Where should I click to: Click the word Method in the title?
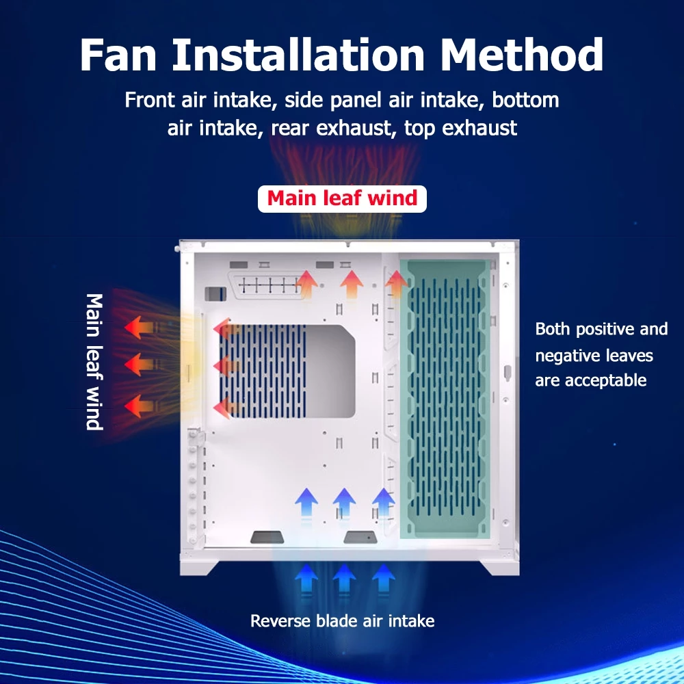pyautogui.click(x=522, y=55)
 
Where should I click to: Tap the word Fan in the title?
pyautogui.click(x=118, y=55)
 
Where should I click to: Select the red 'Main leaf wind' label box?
pyautogui.click(x=342, y=199)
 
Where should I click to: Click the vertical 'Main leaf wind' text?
pyautogui.click(x=94, y=362)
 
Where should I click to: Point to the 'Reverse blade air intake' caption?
pyautogui.click(x=343, y=621)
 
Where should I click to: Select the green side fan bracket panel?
pyautogui.click(x=445, y=399)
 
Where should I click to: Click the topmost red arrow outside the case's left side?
pyautogui.click(x=139, y=327)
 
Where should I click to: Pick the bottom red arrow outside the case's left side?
pyautogui.click(x=139, y=406)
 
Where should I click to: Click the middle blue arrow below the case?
pyautogui.click(x=344, y=579)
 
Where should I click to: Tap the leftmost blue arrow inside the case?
pyautogui.click(x=306, y=503)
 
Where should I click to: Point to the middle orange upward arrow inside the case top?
pyautogui.click(x=352, y=285)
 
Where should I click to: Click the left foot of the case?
pyautogui.click(x=199, y=566)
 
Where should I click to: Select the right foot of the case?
pyautogui.click(x=500, y=566)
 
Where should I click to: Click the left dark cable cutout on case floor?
pyautogui.click(x=267, y=537)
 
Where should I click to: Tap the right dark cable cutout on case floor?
pyautogui.click(x=360, y=537)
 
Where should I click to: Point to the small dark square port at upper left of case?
pyautogui.click(x=215, y=293)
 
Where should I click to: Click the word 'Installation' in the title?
pyautogui.click(x=298, y=55)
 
